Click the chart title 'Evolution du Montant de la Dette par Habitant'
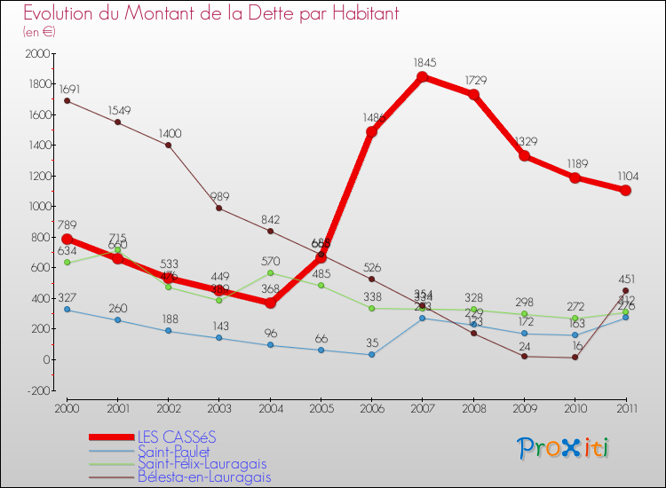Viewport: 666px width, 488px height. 210,13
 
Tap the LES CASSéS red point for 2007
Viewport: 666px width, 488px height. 423,77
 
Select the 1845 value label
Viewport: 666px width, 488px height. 424,63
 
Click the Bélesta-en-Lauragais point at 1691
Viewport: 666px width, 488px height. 67,100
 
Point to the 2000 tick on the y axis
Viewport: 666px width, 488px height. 38,54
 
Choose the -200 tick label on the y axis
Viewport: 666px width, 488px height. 37,390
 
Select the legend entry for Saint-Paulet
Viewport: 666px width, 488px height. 174,451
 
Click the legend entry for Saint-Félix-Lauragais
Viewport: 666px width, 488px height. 201,463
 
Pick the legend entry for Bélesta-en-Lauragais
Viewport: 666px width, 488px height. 203,476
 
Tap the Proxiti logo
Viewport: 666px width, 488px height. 564,447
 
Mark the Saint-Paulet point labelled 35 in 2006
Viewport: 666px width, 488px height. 371,354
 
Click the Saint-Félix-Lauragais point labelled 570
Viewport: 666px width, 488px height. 270,273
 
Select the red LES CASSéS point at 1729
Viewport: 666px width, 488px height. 474,95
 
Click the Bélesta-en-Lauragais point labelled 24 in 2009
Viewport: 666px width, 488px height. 525,357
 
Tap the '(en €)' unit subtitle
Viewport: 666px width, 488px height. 40,31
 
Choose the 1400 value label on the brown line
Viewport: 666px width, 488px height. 170,133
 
